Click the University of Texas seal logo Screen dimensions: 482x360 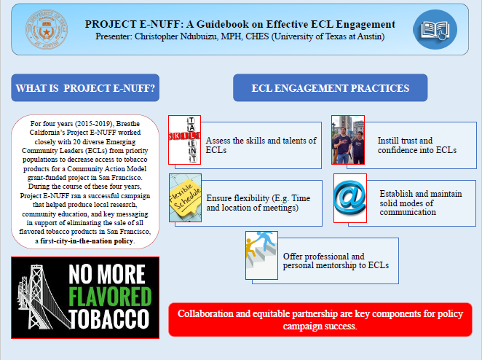tap(47, 30)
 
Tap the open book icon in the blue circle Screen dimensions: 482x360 tap(435, 30)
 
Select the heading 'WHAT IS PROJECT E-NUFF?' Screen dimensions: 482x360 tap(85, 88)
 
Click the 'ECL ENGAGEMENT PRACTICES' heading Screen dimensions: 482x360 tap(330, 88)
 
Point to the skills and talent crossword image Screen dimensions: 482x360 tap(185, 140)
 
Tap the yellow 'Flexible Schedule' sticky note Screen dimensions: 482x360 tap(186, 197)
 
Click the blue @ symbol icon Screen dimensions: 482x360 tap(350, 198)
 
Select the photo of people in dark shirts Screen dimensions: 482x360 tap(348, 140)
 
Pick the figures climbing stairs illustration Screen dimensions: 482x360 tap(261, 255)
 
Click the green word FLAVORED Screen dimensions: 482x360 tap(110, 297)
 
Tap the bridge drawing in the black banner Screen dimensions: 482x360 tap(43, 297)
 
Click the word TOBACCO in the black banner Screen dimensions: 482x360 tap(108, 319)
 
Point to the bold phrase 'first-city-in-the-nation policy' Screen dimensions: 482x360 tap(87, 241)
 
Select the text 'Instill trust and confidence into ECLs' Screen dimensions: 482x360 tap(416, 145)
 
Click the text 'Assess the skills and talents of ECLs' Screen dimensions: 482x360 tap(261, 145)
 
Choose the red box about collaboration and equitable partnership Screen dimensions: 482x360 tap(320, 320)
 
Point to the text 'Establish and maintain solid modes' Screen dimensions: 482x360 tap(421, 198)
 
